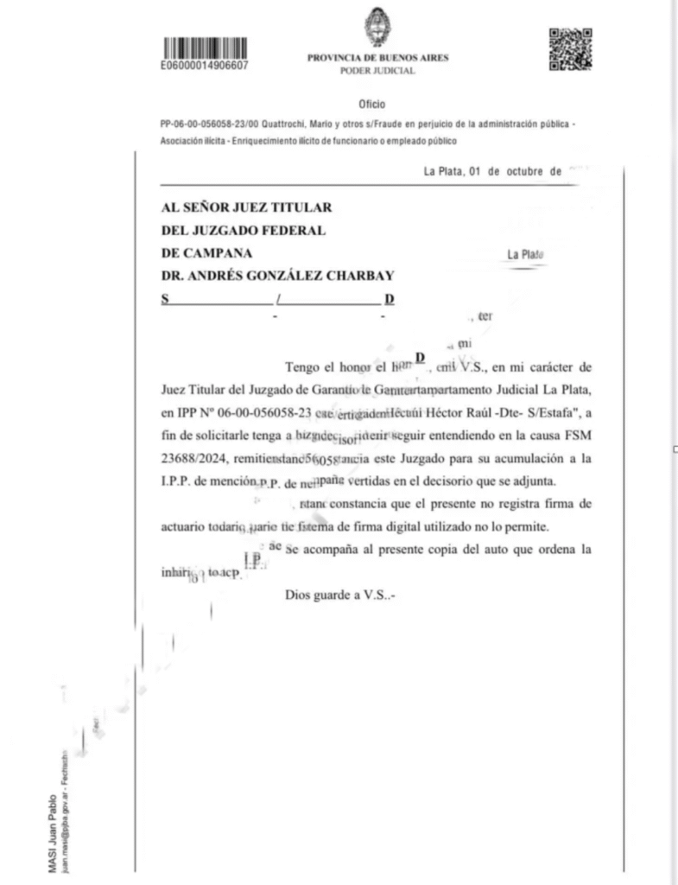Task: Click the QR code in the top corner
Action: (x=569, y=49)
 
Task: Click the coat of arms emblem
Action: (x=377, y=28)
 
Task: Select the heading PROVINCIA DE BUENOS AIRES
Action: (x=377, y=58)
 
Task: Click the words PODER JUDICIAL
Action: (x=377, y=71)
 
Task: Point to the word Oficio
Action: (x=371, y=105)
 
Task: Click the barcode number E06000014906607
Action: (x=205, y=65)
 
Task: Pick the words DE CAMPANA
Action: (x=207, y=253)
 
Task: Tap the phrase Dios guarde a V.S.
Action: (x=339, y=595)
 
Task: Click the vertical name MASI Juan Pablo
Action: (x=54, y=833)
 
